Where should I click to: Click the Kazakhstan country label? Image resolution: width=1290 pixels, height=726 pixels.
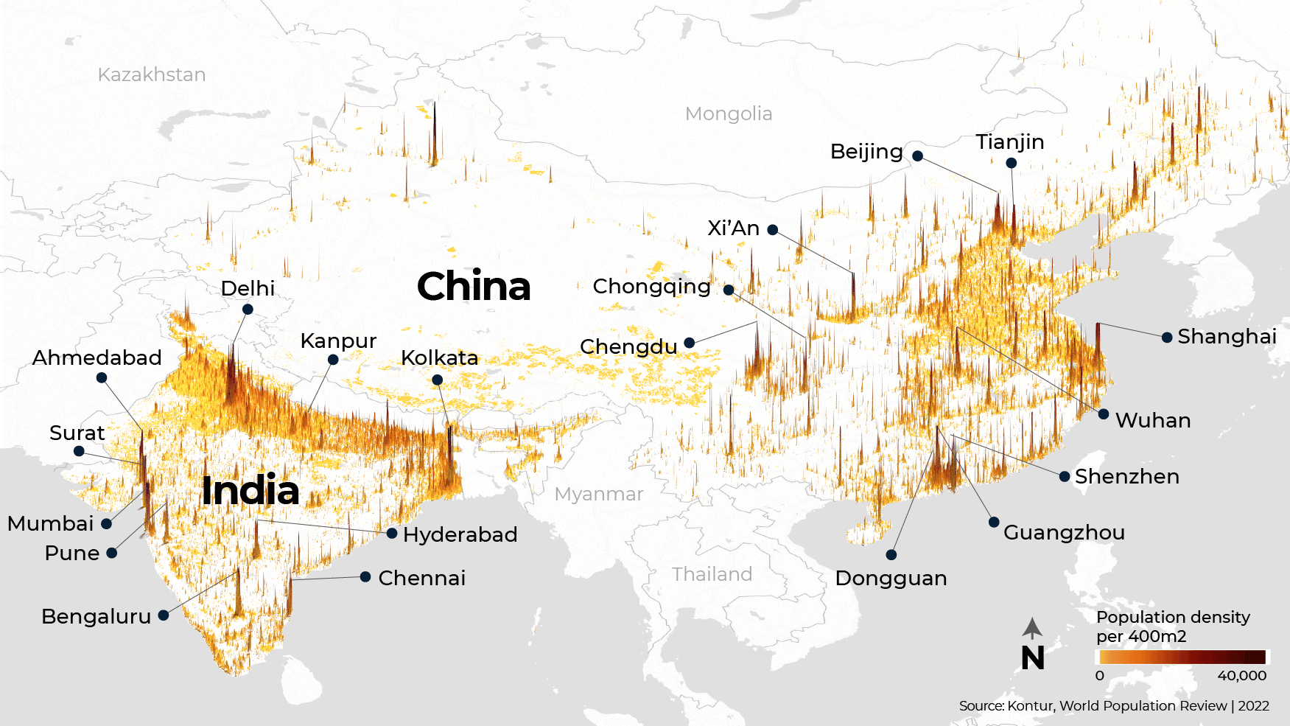coord(152,74)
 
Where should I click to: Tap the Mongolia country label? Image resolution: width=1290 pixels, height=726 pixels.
coord(729,114)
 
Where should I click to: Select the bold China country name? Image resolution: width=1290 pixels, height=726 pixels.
coord(474,287)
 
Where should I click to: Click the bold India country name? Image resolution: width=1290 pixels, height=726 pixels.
coord(250,491)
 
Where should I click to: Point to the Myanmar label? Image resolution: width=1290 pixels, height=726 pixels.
coord(599,494)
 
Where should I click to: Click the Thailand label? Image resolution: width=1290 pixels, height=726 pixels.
coord(712,574)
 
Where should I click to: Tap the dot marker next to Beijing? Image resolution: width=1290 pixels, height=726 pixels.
coord(917,156)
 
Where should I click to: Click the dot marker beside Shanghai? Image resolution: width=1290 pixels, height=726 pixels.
coord(1167,338)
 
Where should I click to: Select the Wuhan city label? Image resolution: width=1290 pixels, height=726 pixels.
coord(1153,420)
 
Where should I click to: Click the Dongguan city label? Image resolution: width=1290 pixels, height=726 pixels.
coord(891,579)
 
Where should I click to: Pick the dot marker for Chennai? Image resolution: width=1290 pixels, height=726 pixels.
coord(365,576)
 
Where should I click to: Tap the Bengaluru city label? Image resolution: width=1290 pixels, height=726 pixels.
coord(96,616)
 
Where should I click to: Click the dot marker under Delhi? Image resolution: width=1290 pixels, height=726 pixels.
coord(248,309)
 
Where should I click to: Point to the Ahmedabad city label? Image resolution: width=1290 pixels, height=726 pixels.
coord(97,357)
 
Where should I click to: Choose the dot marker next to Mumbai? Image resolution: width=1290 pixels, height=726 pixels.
coord(107,523)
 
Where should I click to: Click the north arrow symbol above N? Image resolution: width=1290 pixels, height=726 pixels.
coord(1032,628)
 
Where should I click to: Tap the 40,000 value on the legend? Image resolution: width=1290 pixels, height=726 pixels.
coord(1241,676)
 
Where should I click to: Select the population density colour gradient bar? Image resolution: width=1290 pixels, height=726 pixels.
coord(1182,657)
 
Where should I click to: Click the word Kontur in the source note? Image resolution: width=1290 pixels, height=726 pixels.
coord(1031,705)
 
